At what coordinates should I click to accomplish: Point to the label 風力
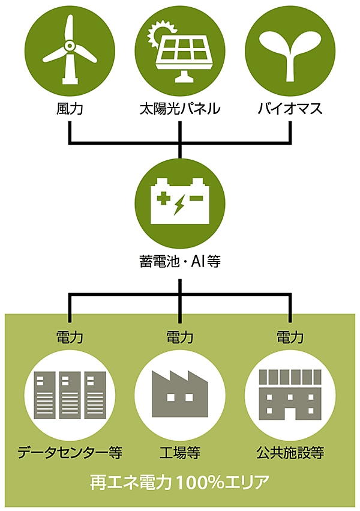tap(70, 109)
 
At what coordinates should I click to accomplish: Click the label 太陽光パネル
tap(180, 109)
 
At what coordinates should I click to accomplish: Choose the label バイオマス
tap(290, 109)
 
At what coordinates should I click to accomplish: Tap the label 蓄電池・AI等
tap(180, 262)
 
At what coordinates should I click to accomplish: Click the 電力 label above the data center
tap(70, 337)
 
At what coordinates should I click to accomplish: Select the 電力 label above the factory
tap(180, 337)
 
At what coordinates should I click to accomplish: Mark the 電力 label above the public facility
tap(290, 337)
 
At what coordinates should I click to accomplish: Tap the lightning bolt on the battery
tap(179, 205)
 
